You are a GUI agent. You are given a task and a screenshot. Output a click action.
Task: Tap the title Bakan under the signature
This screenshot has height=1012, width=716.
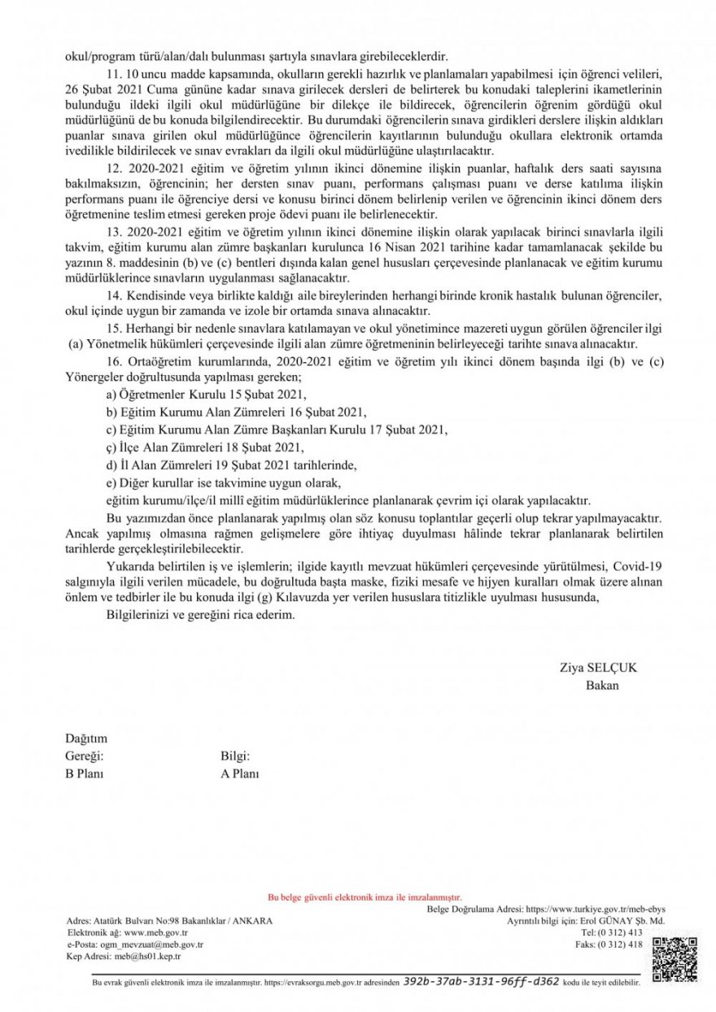602,685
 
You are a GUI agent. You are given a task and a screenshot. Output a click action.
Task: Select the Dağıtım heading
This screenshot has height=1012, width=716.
86,739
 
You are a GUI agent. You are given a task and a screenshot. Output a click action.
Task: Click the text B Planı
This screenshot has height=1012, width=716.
85,774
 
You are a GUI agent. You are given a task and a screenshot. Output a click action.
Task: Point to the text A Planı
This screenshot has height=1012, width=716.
240,774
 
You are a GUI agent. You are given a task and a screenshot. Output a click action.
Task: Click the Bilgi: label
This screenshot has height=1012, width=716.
235,757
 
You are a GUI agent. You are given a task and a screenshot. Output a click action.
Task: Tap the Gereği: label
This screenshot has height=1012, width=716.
85,757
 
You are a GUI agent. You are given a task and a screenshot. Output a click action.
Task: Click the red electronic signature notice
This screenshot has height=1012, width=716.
365,897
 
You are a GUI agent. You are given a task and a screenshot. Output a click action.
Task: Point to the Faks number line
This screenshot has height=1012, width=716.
619,944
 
